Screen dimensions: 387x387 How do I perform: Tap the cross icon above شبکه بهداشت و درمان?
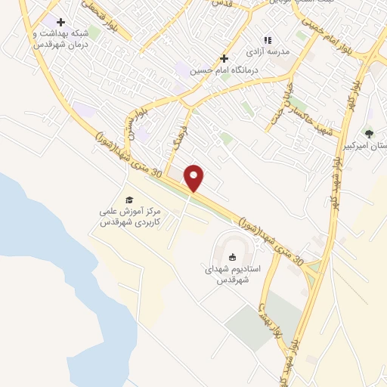[60, 22]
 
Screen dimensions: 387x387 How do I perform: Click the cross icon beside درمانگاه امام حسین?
[224, 58]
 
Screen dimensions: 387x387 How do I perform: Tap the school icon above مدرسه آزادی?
[266, 40]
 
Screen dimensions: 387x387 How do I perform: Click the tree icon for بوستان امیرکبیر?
[369, 134]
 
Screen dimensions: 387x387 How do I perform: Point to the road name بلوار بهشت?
[262, 317]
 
